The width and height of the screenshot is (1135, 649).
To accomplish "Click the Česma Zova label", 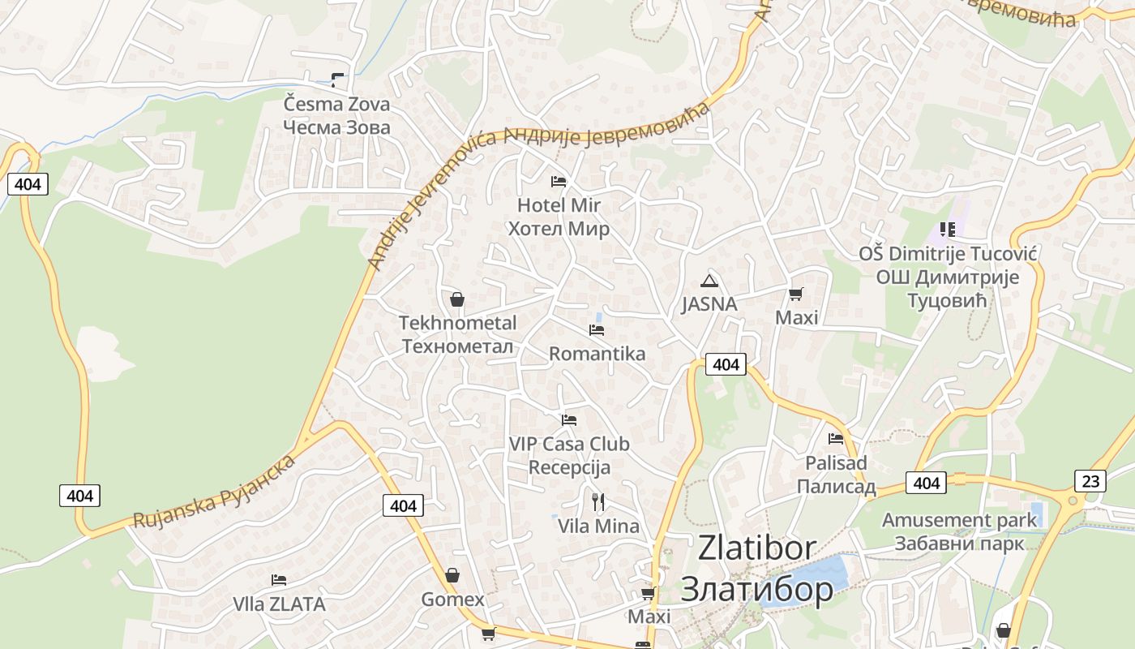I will tap(336, 115).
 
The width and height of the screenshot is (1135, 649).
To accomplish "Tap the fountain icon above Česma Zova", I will tap(337, 80).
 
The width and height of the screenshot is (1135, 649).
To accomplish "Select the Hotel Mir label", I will tap(559, 217).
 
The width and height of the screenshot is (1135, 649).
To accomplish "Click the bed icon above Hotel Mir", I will tap(559, 181).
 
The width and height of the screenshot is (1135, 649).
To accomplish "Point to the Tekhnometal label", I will tap(457, 334).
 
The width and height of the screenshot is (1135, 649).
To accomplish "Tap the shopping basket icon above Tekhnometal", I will tap(457, 299).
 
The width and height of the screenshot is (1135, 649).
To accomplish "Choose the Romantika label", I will tap(597, 354).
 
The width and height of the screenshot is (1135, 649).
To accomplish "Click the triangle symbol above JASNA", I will tap(709, 281).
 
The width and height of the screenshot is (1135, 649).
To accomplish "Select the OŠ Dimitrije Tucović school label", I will tap(948, 277).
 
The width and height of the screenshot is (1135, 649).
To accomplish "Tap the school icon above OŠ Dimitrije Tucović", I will tap(948, 230).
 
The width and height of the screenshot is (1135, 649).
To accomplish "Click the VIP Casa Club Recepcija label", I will tap(569, 456).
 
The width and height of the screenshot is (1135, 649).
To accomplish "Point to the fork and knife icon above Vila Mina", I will tap(598, 501).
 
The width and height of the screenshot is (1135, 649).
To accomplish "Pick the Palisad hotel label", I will tap(836, 474).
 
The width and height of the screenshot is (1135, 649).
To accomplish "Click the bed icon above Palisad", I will tap(836, 439).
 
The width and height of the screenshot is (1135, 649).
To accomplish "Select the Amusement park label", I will tap(959, 531).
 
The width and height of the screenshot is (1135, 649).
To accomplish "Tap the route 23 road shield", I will tap(1090, 481).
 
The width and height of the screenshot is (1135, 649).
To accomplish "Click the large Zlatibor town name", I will tap(757, 568).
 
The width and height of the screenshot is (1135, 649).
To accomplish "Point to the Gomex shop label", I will tap(452, 600).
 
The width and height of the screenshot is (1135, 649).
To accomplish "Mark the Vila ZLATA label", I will tap(279, 604).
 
